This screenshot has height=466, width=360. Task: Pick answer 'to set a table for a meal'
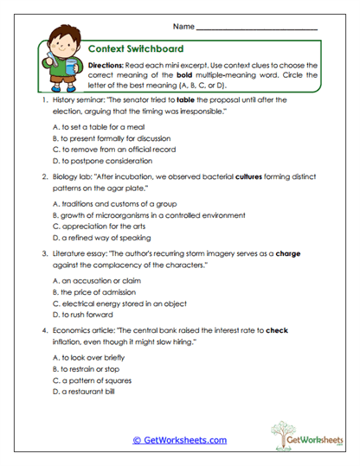(92, 126)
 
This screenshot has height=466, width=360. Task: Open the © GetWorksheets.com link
(180, 440)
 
